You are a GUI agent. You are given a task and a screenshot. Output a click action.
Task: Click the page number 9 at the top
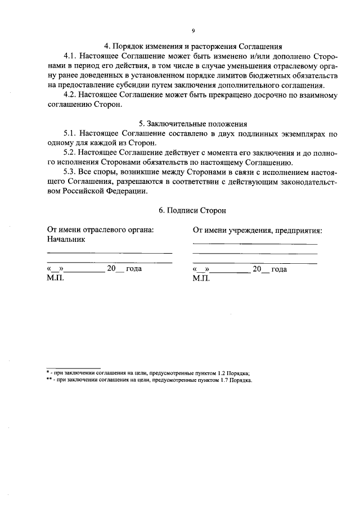193,31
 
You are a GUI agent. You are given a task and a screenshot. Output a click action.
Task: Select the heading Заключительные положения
193,124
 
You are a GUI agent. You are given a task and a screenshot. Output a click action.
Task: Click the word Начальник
66,239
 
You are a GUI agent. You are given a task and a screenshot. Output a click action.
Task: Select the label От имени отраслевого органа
100,229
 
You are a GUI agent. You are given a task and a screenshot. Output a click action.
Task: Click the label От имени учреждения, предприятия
257,230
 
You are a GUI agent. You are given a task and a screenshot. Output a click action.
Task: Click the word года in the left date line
133,269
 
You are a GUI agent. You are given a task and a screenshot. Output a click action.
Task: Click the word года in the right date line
279,269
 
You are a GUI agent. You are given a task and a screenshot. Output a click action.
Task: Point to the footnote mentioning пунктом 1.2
148,373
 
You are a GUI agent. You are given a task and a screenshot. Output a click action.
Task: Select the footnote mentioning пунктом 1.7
150,380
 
